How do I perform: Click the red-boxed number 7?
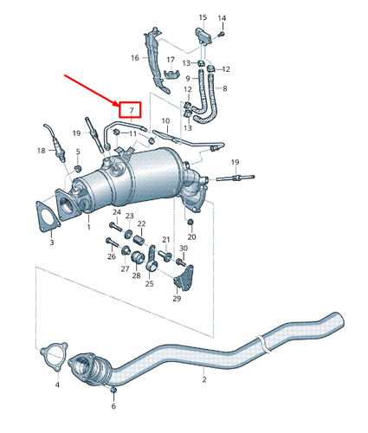click(130, 110)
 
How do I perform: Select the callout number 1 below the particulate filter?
click(87, 227)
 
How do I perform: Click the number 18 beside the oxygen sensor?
click(41, 151)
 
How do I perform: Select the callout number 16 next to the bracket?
click(134, 58)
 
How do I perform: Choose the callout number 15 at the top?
click(203, 17)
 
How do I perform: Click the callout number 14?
click(222, 17)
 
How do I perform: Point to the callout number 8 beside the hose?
click(223, 89)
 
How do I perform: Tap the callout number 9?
click(185, 79)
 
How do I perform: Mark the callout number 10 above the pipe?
click(165, 120)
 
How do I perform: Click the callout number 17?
click(170, 60)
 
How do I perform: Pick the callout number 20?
click(192, 236)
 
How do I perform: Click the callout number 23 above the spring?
click(130, 216)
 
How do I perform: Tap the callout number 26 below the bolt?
click(111, 256)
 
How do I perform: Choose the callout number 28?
click(136, 275)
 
